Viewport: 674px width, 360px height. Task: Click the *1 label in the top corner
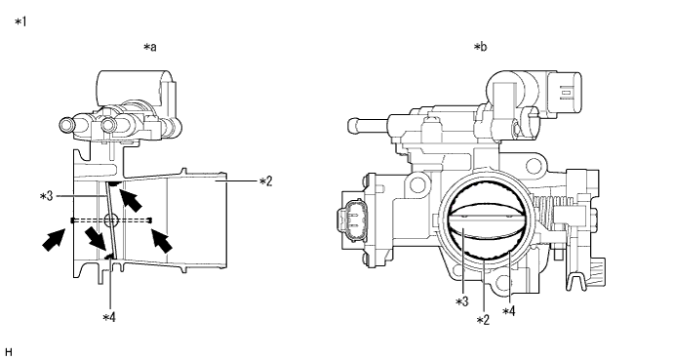click(20, 21)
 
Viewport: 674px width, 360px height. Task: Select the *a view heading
click(150, 47)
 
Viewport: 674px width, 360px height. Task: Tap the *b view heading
click(480, 47)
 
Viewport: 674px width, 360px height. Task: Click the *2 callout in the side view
click(265, 181)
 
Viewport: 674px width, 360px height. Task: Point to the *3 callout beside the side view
click(46, 196)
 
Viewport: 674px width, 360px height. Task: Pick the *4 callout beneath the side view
click(109, 317)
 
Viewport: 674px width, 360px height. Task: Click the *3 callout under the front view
click(461, 301)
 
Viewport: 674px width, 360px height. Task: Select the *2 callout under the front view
click(483, 320)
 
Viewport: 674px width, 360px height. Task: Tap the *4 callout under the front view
click(508, 310)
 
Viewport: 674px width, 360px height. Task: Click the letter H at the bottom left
click(9, 352)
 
